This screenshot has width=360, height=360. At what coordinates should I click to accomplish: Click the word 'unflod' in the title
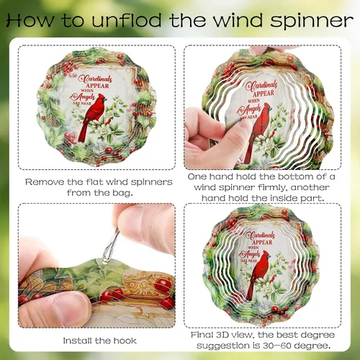tap(127, 20)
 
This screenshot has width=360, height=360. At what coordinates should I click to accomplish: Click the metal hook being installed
tap(111, 246)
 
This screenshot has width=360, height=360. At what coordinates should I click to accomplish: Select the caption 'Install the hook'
tap(99, 341)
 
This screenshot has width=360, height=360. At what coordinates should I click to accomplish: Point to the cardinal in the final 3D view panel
tap(258, 274)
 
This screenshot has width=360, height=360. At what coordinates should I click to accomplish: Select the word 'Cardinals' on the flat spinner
tap(95, 79)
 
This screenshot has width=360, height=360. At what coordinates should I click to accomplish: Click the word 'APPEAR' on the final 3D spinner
tap(262, 242)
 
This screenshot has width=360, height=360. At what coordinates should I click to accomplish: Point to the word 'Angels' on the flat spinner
tap(83, 97)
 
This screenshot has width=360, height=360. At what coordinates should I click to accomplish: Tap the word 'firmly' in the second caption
tap(272, 187)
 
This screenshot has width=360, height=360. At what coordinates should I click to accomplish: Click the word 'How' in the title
tap(30, 20)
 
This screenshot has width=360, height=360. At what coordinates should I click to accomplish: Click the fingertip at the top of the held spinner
tap(258, 50)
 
